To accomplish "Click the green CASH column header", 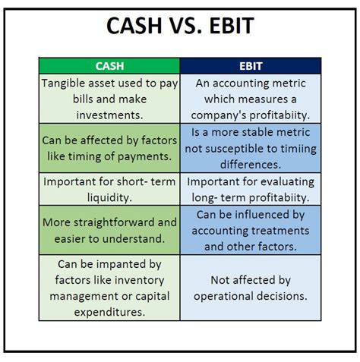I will click(x=109, y=66).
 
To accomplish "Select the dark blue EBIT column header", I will click(x=251, y=66).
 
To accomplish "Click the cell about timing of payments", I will click(x=109, y=147).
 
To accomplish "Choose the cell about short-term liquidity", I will click(x=109, y=189).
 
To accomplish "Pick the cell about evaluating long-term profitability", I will click(x=251, y=189).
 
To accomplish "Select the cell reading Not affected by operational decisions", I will click(x=251, y=288).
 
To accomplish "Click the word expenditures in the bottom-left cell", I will click(x=109, y=310).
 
